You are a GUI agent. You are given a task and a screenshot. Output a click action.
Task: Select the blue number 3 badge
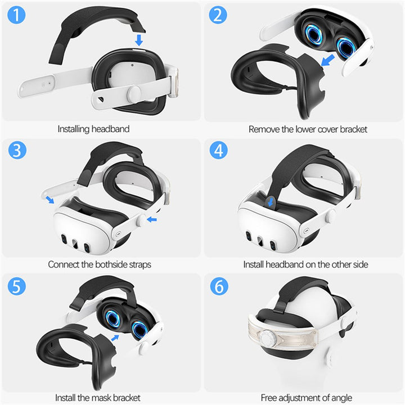coord(17,151)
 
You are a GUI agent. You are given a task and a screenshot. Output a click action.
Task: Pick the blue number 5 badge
coord(17,286)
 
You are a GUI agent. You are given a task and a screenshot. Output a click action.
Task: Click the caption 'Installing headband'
coord(93,129)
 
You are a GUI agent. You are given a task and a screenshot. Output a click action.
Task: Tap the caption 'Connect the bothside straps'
coord(99,264)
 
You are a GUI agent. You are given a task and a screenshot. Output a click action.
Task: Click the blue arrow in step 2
coord(327,61)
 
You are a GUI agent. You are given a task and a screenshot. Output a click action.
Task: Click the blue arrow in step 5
coord(115,337)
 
